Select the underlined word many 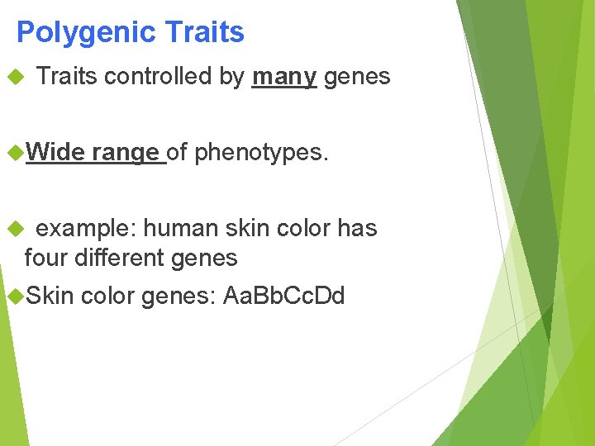click(x=284, y=77)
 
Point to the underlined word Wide click(x=56, y=152)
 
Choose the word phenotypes click(x=261, y=152)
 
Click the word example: click(x=87, y=228)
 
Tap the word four click(x=46, y=258)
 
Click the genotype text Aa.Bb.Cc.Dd click(x=283, y=296)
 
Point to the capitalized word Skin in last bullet click(x=50, y=296)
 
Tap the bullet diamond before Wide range click(x=12, y=152)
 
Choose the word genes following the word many click(x=357, y=77)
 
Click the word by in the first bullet click(x=232, y=77)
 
